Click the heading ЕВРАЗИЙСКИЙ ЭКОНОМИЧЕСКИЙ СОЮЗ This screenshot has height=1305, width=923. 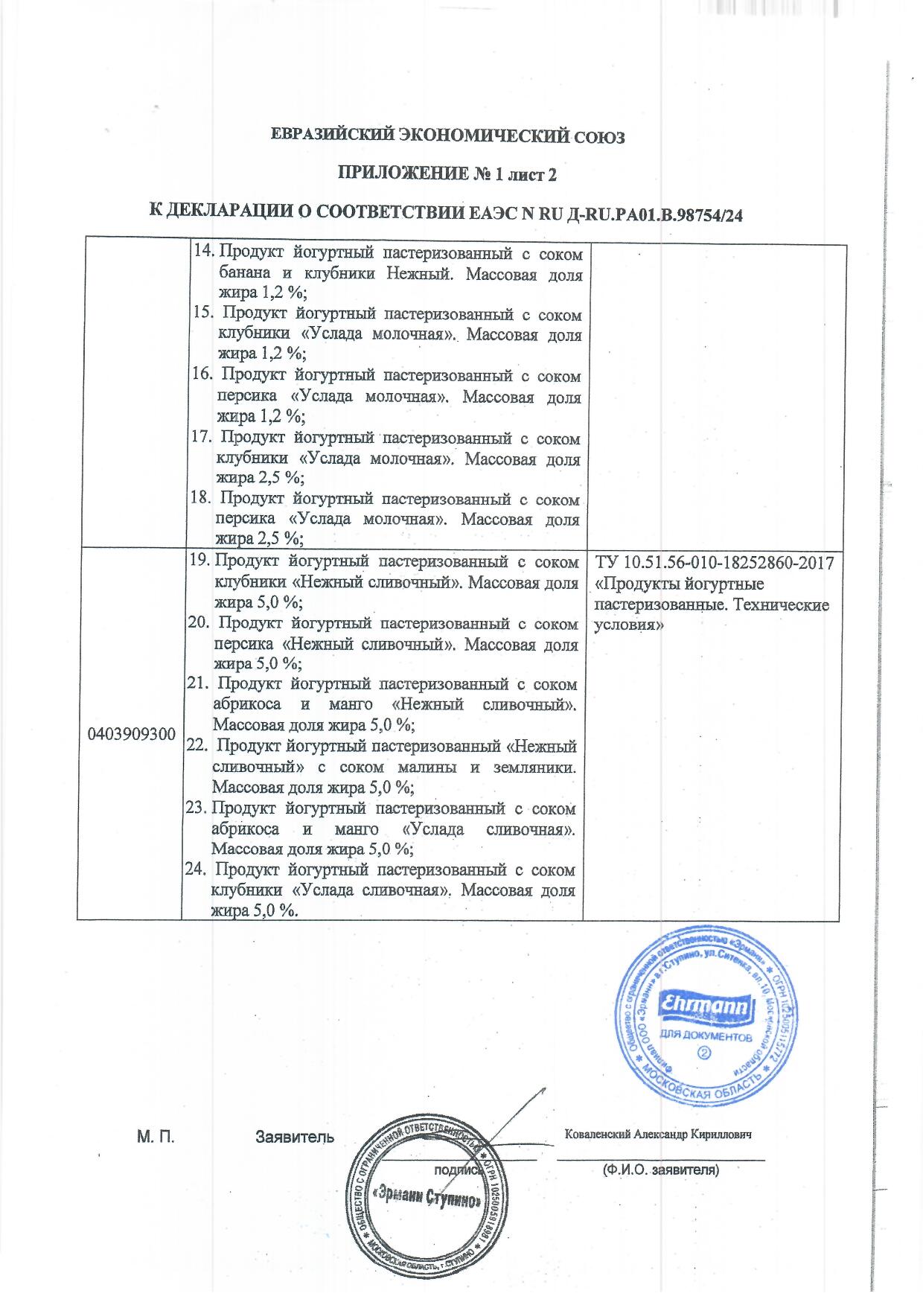coord(448,137)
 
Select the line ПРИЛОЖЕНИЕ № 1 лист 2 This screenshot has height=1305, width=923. coord(448,175)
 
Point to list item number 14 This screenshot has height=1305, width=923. coord(202,252)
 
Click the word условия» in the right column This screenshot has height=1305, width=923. coord(628,625)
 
